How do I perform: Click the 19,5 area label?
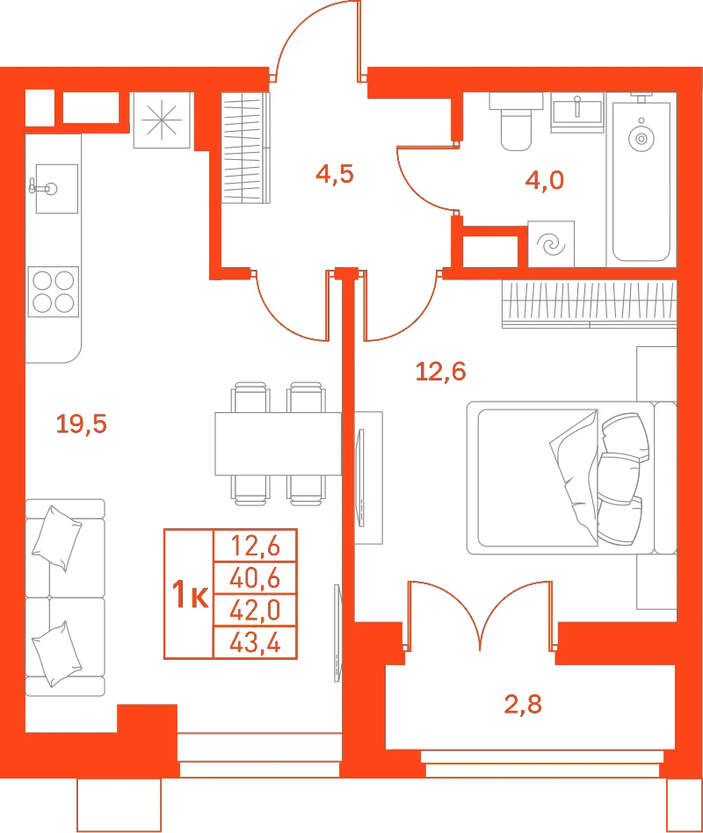82,424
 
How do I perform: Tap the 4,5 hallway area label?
334,174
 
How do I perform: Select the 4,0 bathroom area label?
544,180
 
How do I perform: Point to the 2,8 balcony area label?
523,704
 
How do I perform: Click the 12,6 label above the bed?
440,372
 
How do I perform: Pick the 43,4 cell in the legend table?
255,643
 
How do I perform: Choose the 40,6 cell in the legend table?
255,578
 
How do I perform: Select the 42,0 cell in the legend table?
255,611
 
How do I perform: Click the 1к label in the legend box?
190,594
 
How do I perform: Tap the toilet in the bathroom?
516,121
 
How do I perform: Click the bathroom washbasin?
577,112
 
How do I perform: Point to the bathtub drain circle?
641,139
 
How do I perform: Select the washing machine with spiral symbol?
551,244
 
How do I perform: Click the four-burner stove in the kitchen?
53,292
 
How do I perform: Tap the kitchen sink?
56,189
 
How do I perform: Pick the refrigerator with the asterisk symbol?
162,120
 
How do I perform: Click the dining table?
278,444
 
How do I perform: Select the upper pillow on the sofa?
57,538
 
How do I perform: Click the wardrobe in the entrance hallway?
245,148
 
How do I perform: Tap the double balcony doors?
480,616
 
